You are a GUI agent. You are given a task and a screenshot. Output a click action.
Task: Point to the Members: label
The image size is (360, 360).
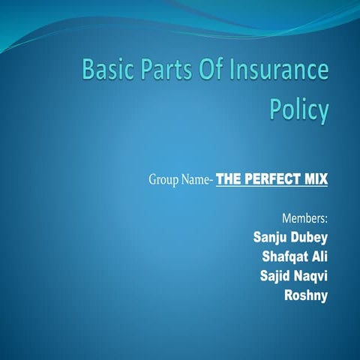click(x=305, y=220)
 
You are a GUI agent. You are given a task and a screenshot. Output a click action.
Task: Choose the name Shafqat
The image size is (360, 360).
click(x=284, y=257)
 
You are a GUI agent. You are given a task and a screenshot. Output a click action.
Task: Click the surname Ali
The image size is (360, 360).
click(x=319, y=257)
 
